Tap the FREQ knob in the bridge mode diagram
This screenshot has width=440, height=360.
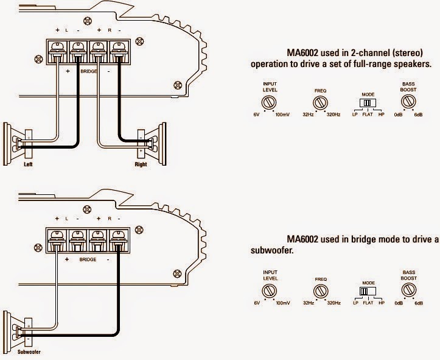(x=320, y=289)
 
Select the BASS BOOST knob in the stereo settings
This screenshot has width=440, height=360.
(x=408, y=99)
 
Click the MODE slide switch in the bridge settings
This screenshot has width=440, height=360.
(x=366, y=291)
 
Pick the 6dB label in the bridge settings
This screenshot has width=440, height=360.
(x=419, y=303)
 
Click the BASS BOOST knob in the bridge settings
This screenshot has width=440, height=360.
(x=408, y=288)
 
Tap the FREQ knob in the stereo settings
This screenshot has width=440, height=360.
(x=320, y=101)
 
